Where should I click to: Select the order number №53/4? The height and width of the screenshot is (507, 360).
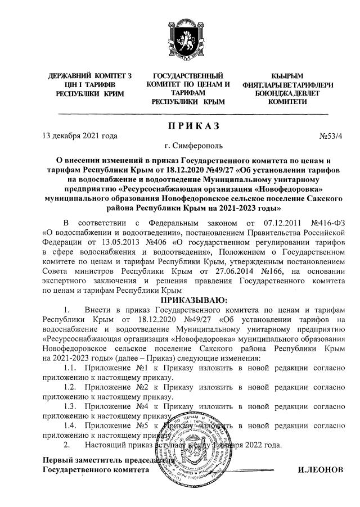click(331, 135)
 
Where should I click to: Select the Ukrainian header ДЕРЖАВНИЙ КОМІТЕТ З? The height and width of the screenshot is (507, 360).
click(90, 75)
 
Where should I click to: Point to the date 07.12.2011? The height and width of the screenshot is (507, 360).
click(264, 220)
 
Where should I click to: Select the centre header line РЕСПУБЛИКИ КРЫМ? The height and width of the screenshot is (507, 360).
click(188, 102)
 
